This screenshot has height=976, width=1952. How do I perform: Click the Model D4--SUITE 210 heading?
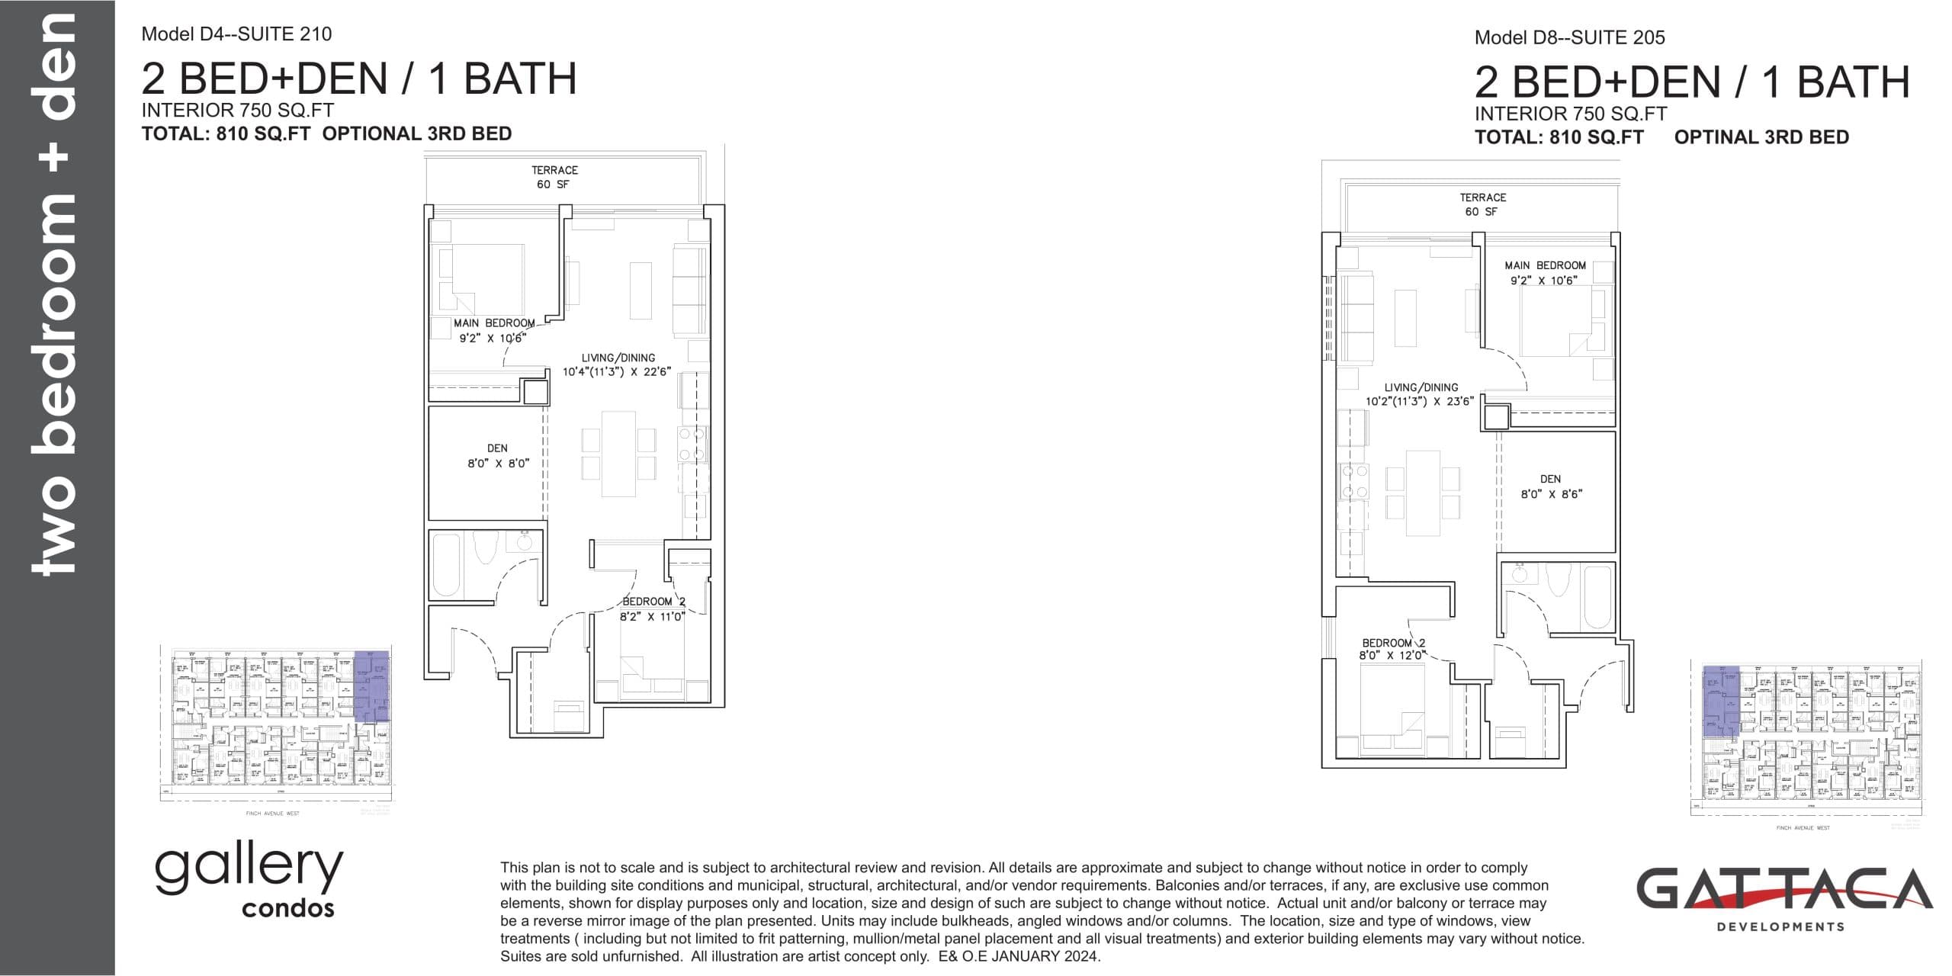coord(236,34)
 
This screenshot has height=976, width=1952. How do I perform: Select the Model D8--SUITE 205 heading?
coord(1569,37)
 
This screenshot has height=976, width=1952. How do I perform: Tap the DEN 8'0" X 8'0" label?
coord(497,456)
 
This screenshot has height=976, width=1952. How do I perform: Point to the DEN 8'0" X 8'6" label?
coord(1550,486)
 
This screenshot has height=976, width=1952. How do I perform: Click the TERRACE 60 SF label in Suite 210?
coord(554,177)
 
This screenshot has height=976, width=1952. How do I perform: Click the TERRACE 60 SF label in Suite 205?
coord(1482,204)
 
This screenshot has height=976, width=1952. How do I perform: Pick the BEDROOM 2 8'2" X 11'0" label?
coord(653,609)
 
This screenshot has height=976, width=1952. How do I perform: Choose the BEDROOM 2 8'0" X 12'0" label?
coord(1392,649)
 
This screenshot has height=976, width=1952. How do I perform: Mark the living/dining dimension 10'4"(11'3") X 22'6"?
coord(617,372)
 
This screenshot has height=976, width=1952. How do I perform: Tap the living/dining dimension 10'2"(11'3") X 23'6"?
coord(1420,401)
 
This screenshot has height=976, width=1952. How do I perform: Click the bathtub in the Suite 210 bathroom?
coord(448,565)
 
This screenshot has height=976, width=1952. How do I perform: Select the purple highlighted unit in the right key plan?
coord(1721,700)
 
